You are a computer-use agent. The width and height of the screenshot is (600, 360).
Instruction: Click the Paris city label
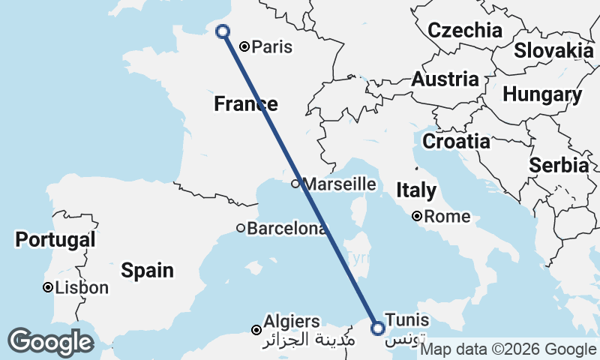pos(271,47)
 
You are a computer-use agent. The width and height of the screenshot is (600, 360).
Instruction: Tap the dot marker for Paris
pos(244,46)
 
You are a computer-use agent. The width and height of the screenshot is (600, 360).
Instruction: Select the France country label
pos(246,103)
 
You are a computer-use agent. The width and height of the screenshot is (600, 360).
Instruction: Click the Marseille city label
pos(338,184)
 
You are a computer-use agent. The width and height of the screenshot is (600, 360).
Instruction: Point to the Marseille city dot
pos(296,184)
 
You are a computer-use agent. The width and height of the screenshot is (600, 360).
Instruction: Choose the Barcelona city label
pos(287,229)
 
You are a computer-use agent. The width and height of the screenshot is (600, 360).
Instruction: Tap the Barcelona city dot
pos(241,228)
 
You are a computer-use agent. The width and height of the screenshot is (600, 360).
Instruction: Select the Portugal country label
pos(55,240)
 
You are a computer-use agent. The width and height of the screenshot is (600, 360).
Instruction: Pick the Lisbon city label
pos(82,288)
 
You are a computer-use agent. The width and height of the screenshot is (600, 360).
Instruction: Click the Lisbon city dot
pos(48,287)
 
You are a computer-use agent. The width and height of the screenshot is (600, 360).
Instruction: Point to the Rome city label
pos(447,217)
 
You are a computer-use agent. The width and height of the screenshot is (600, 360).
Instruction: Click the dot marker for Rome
pos(416,217)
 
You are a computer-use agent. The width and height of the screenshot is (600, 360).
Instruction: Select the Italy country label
pos(415,190)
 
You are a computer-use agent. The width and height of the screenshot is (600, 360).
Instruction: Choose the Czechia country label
pos(465,31)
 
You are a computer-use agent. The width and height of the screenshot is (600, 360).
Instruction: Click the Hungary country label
pos(542,95)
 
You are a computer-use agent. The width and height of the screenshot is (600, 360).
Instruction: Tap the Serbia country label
pos(559,166)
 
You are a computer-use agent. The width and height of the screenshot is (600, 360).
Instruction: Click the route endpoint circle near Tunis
pos(378,328)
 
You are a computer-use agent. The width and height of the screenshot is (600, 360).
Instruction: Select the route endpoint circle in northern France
pos(222,31)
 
